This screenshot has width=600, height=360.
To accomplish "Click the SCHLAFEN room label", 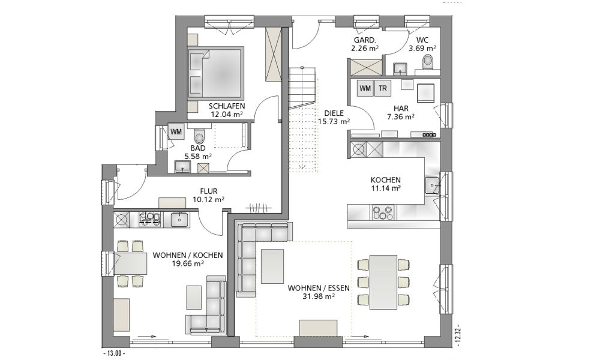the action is pos(227,106).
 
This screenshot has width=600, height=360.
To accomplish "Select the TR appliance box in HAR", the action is pos(383,88).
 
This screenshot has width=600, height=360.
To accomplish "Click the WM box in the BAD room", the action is pos(176,132).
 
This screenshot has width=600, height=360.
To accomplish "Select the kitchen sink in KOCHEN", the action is pos(433,185).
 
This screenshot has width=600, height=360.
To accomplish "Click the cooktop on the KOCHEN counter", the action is pos(383,213).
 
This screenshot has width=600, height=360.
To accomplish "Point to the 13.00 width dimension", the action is pos(114,353).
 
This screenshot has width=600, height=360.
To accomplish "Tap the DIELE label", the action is pos(334,113).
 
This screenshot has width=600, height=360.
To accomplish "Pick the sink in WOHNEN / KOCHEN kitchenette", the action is pos(179,220).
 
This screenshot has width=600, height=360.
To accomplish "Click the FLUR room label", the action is pos(209,191).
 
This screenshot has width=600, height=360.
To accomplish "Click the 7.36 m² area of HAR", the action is pos(401,116).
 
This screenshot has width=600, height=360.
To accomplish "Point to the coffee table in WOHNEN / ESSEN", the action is pos(272,266).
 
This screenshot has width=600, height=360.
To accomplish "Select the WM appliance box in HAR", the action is pos(365,88).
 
